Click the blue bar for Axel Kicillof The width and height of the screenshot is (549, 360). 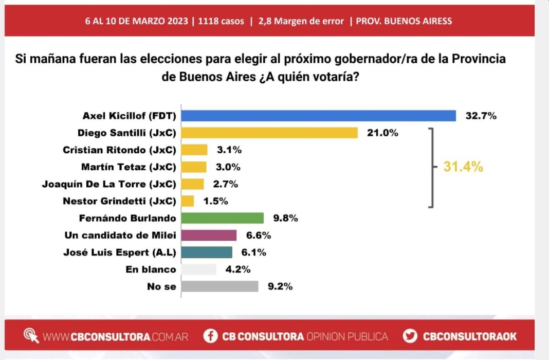(318, 116)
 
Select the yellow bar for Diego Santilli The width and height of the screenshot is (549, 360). (269, 133)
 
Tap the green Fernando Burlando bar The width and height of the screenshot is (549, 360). (222, 218)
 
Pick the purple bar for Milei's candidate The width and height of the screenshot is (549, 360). (209, 235)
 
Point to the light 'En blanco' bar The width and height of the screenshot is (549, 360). (198, 269)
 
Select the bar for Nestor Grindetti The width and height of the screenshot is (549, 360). (188, 201)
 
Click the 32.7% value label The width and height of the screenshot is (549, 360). (481, 116)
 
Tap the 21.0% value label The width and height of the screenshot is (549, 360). (382, 133)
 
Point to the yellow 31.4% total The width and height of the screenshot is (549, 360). (463, 167)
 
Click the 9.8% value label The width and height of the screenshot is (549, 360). (285, 218)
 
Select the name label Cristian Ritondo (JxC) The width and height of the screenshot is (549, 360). (119, 150)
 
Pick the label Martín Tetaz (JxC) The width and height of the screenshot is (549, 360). (129, 167)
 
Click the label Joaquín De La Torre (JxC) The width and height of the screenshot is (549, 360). (109, 184)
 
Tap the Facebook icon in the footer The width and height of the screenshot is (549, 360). (210, 336)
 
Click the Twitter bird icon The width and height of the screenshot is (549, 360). (410, 336)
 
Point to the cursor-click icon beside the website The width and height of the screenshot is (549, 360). (31, 336)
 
